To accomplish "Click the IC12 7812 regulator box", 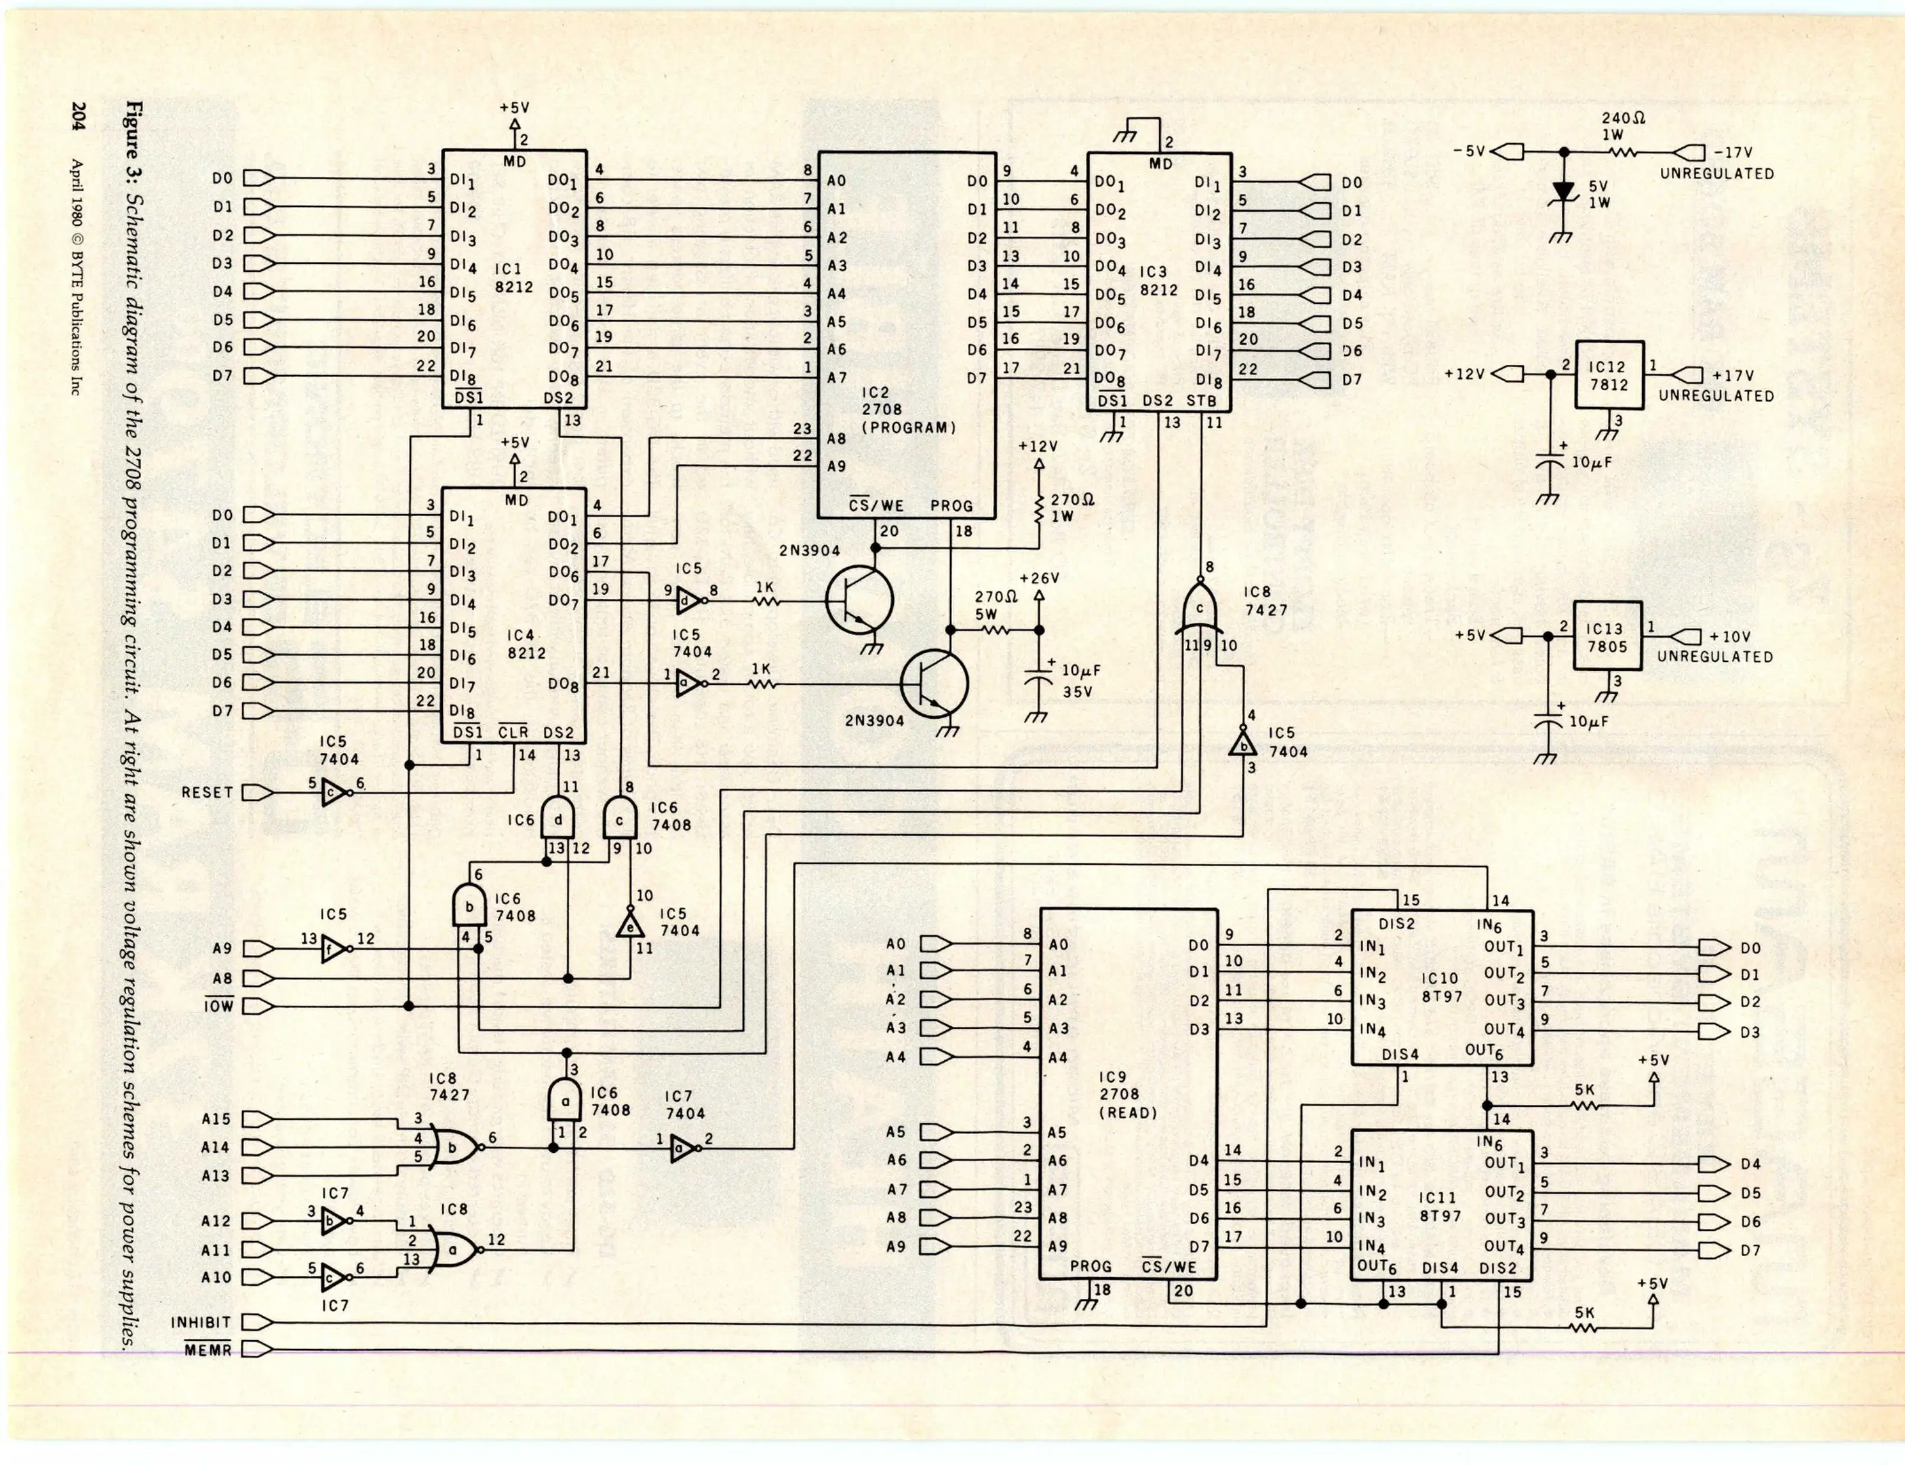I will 1609,375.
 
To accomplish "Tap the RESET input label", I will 207,793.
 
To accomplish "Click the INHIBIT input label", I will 201,1323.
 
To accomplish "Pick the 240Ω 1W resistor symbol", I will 1624,153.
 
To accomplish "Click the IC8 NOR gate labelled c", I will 1200,608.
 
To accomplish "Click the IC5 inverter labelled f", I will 332,949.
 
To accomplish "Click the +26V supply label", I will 1038,578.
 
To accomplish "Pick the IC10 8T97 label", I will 1440,987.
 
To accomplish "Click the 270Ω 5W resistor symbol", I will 995,629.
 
